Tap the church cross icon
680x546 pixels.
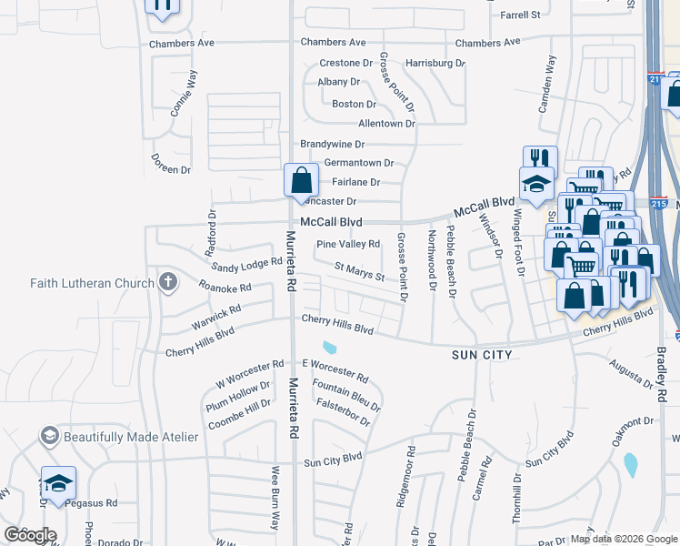(x=166, y=282)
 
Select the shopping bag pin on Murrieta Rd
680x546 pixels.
(x=301, y=180)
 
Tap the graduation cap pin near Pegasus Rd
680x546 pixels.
(x=59, y=483)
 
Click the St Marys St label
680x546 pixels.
(x=360, y=270)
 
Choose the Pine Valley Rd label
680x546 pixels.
(x=348, y=244)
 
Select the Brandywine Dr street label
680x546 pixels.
(x=333, y=144)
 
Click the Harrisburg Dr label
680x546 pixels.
(x=435, y=64)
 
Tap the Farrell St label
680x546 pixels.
(x=521, y=15)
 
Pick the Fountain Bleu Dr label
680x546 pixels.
(x=345, y=397)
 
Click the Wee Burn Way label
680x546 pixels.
(x=275, y=498)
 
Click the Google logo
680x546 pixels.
(x=30, y=535)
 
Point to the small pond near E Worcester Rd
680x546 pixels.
(x=329, y=347)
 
